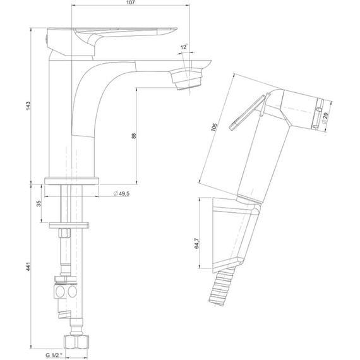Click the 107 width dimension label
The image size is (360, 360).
pyautogui.click(x=131, y=3)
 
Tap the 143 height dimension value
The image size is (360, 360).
pyautogui.click(x=28, y=106)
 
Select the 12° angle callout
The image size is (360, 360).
pyautogui.click(x=184, y=47)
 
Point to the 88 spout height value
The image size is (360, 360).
pyautogui.click(x=134, y=135)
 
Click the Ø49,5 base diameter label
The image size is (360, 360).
pyautogui.click(x=121, y=193)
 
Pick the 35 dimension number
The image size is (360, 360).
pyautogui.click(x=39, y=203)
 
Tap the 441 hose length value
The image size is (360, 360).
pyautogui.click(x=28, y=267)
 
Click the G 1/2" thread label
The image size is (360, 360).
pyautogui.click(x=54, y=355)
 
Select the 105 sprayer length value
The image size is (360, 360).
pyautogui.click(x=214, y=127)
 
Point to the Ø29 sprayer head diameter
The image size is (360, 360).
pyautogui.click(x=325, y=118)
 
